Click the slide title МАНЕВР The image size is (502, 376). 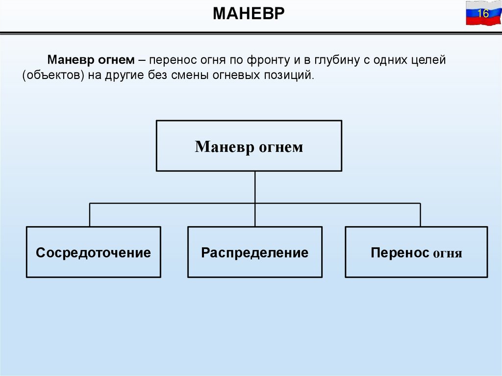click(x=249, y=14)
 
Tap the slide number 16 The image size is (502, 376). click(x=483, y=13)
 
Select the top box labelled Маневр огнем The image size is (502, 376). click(x=249, y=146)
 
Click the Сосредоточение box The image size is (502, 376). click(x=93, y=252)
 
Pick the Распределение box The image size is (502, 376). click(x=255, y=252)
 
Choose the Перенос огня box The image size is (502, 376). click(x=416, y=252)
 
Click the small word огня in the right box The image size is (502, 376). click(x=447, y=253)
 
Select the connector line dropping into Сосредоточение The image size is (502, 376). click(x=90, y=215)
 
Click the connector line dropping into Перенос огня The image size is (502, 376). click(x=420, y=215)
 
